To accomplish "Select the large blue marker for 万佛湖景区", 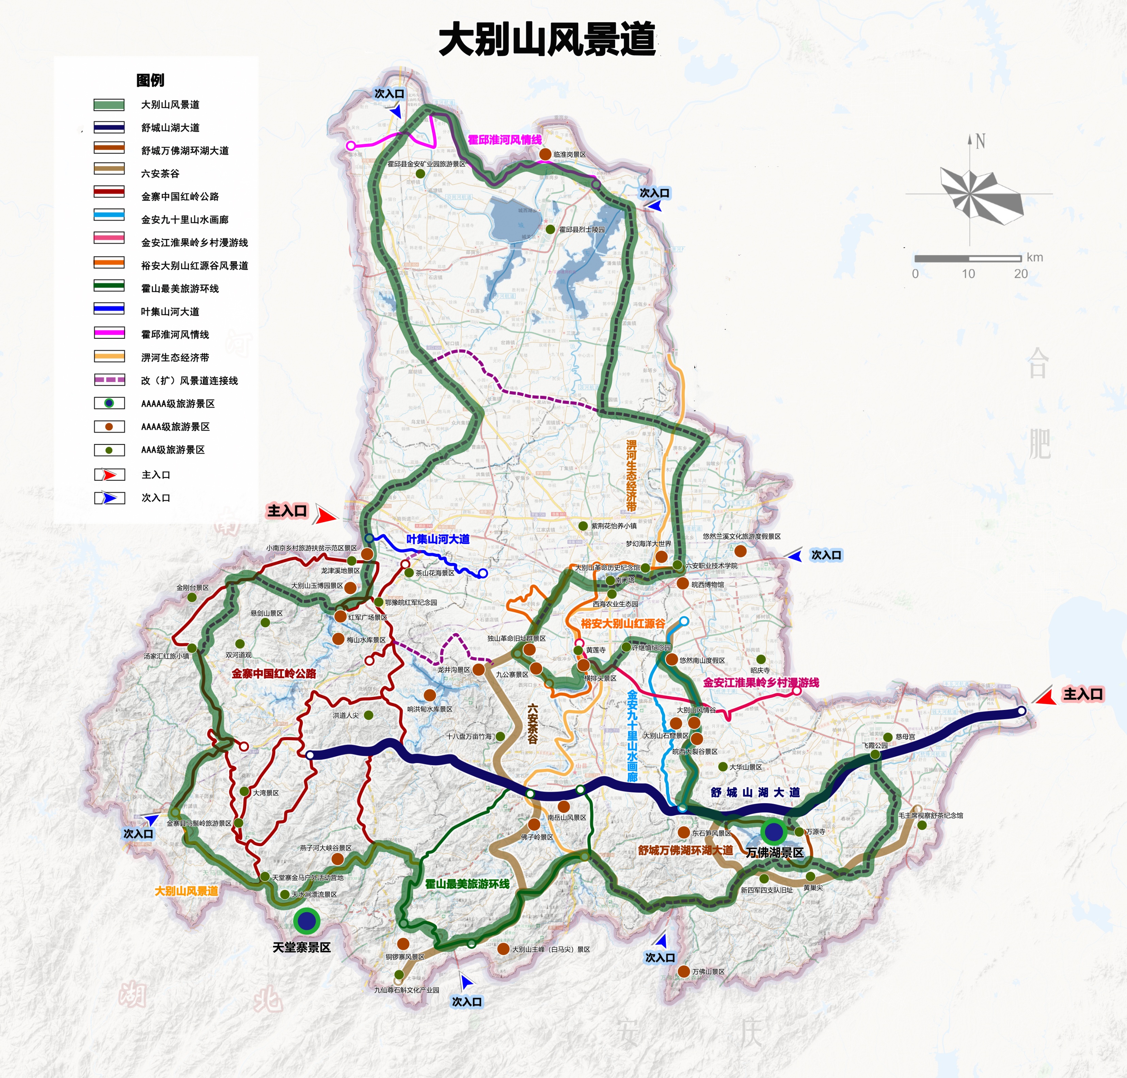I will pyautogui.click(x=774, y=831).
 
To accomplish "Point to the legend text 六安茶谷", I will pyautogui.click(x=160, y=174).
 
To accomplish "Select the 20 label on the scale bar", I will pyautogui.click(x=1021, y=273).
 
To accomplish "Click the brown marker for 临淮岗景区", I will pyautogui.click(x=545, y=154).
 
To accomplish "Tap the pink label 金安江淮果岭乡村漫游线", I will pyautogui.click(x=761, y=682).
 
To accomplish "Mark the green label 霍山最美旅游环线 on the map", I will pyautogui.click(x=467, y=884).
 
